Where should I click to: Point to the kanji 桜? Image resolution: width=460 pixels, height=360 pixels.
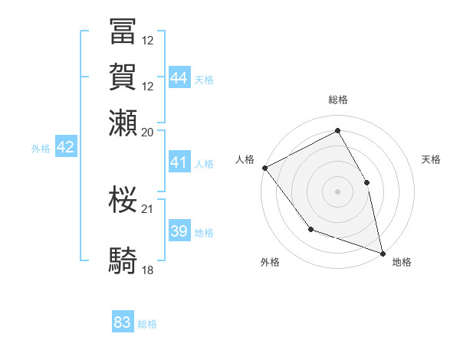click(x=123, y=198)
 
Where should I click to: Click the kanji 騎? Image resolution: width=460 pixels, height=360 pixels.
click(x=123, y=261)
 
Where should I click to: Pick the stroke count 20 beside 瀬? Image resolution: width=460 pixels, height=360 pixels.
click(x=148, y=131)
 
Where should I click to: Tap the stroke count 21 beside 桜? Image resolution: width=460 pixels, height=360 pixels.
click(x=148, y=208)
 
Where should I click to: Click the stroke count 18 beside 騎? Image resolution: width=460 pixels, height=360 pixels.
click(x=148, y=270)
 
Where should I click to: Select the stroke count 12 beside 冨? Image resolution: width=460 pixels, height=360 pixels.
click(x=148, y=40)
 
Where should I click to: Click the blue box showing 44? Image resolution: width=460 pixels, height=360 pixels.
click(x=179, y=77)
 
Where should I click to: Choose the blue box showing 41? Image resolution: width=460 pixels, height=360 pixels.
click(x=179, y=162)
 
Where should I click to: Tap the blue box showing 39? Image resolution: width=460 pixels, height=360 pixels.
click(x=179, y=231)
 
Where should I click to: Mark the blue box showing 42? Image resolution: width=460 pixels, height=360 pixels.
click(x=66, y=147)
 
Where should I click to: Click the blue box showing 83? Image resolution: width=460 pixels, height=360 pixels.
click(x=123, y=322)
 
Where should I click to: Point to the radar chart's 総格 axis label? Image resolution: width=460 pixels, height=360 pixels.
click(x=337, y=100)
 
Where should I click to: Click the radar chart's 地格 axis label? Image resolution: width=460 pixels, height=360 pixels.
click(x=402, y=262)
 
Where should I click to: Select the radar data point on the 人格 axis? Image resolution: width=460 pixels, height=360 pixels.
click(x=264, y=167)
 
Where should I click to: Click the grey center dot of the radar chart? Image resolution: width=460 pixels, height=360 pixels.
click(x=337, y=191)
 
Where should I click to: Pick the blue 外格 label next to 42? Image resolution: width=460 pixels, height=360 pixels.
click(x=41, y=149)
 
